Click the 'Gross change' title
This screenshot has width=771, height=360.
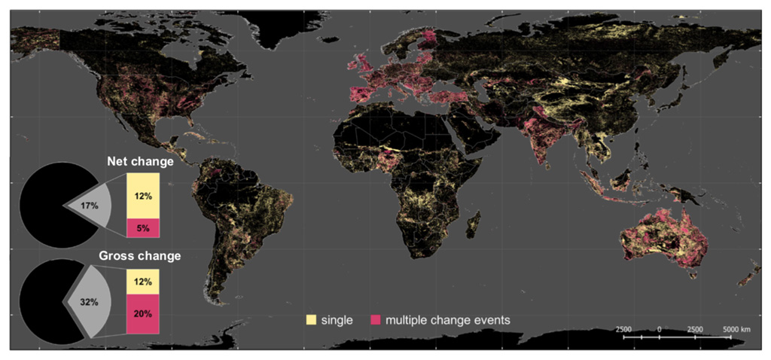140,255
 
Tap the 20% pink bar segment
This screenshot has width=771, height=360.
143,312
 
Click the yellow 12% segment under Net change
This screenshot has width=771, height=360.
143,196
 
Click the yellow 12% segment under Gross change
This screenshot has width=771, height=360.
143,282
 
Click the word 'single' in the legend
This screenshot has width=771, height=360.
337,320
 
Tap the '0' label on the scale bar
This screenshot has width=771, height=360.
659,330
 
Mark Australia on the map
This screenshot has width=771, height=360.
663,237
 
